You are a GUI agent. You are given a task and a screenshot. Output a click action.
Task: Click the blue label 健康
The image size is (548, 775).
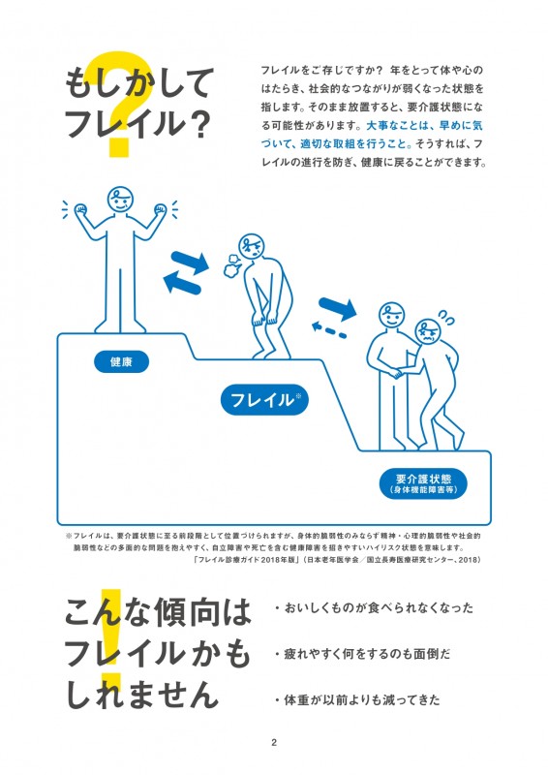121,362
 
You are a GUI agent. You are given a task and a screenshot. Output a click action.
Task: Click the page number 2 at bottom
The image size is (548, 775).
274,743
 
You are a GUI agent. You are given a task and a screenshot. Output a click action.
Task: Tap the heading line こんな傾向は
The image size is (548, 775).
158,612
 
